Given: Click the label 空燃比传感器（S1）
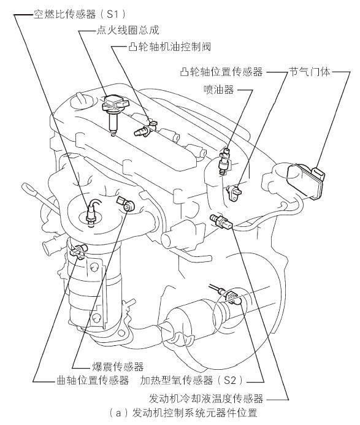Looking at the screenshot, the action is tap(80, 14).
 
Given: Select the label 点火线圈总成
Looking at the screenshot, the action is tap(128, 30).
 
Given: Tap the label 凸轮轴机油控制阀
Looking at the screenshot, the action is tap(170, 47).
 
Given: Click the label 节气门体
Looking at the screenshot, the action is tap(310, 72).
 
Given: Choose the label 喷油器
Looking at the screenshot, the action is tap(219, 90).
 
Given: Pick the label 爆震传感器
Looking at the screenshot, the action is tap(118, 367).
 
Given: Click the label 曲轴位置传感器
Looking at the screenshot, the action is tap(93, 381).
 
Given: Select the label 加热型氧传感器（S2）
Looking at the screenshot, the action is tap(192, 381).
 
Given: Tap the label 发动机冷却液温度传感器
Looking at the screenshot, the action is tap(206, 399).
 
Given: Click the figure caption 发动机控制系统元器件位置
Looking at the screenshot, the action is tap(194, 413).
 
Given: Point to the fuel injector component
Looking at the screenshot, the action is tap(224, 161).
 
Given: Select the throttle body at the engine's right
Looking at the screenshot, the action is tap(305, 180).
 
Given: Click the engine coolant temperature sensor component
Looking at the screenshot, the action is tap(222, 221).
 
